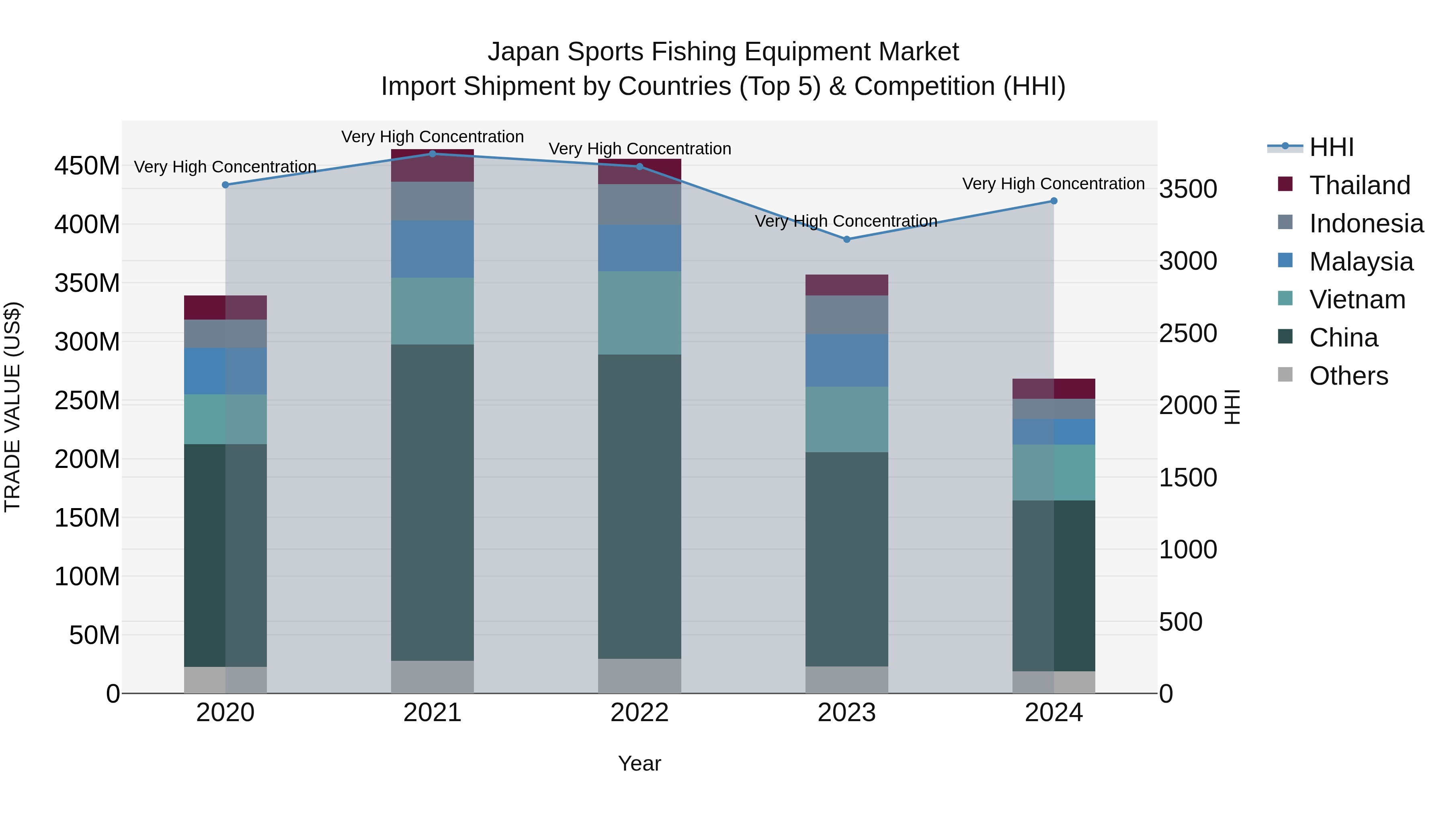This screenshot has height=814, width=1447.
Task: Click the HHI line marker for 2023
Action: (x=846, y=239)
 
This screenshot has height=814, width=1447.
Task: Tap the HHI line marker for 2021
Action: (x=432, y=154)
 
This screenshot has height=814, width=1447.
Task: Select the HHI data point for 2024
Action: (x=1054, y=201)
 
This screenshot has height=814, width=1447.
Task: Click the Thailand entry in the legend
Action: (x=1359, y=185)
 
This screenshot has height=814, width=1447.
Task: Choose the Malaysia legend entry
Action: (x=1361, y=262)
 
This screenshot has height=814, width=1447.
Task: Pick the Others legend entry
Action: (x=1348, y=376)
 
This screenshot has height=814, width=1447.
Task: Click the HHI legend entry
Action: (x=1331, y=147)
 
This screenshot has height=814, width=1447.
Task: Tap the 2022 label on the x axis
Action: (x=639, y=713)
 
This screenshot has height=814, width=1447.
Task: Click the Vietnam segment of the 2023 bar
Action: (x=846, y=419)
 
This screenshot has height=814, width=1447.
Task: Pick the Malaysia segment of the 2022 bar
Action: (x=639, y=248)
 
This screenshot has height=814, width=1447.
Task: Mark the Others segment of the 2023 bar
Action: (x=846, y=680)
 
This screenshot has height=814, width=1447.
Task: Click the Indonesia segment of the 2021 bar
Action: (x=432, y=201)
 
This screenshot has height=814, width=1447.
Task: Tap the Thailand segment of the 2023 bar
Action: (x=846, y=285)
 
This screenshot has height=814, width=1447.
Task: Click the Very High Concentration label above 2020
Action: (x=225, y=167)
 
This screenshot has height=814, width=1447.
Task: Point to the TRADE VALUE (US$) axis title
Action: (x=12, y=407)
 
